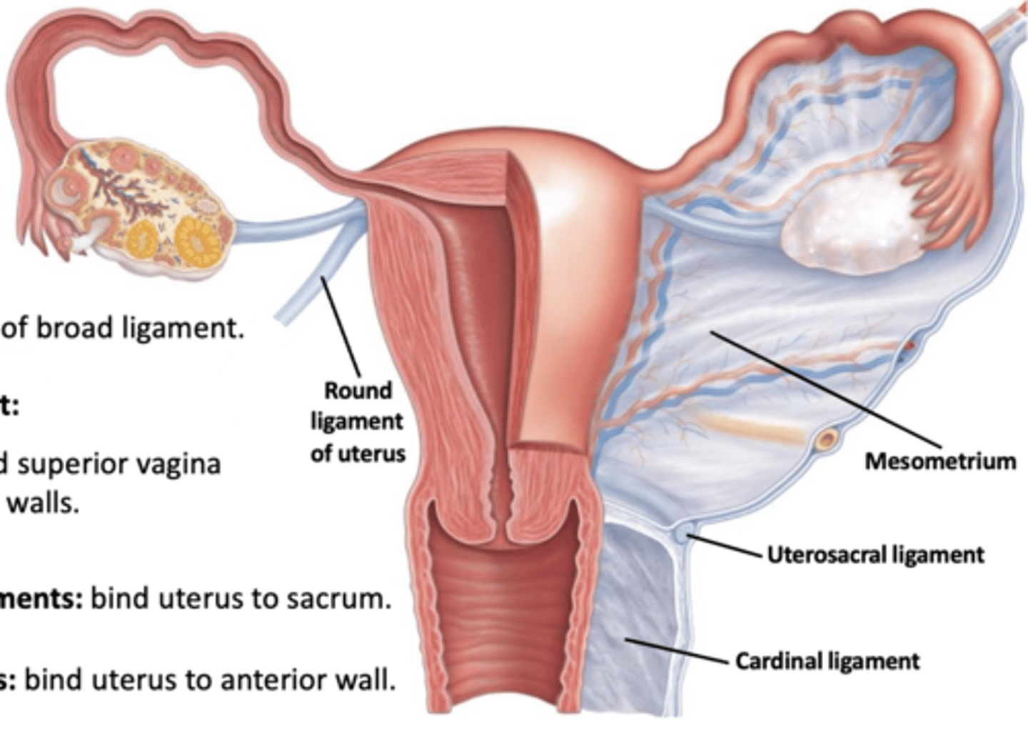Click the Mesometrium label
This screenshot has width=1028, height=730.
pos(940,461)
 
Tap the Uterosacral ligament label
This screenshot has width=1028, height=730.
pos(875,555)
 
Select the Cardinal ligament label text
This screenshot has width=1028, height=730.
pos(827,661)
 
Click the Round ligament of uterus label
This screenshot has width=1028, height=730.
pos(358,421)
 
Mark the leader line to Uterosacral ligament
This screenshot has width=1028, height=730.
pos(725,544)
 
